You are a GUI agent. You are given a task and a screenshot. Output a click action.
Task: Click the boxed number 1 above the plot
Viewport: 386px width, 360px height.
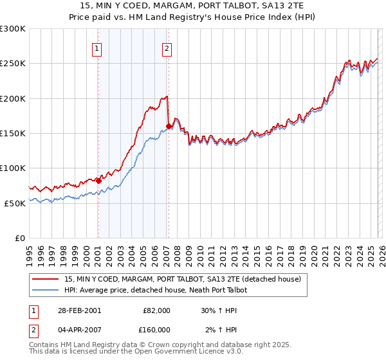[x=96, y=48]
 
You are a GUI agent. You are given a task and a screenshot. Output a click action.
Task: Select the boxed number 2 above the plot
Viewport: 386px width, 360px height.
[x=167, y=48]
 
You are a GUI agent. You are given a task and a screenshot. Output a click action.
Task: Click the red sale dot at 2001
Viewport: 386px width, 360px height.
[x=98, y=181]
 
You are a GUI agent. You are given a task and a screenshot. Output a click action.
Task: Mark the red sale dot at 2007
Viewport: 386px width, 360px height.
[x=168, y=126]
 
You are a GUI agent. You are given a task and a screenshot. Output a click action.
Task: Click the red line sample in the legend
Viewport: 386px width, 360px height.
[x=47, y=279]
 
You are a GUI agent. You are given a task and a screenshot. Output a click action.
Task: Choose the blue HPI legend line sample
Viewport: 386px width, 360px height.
[x=47, y=290]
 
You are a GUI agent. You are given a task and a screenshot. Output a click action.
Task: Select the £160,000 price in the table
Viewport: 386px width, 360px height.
[x=156, y=330]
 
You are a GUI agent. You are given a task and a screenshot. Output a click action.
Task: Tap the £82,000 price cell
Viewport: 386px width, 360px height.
[x=156, y=310]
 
